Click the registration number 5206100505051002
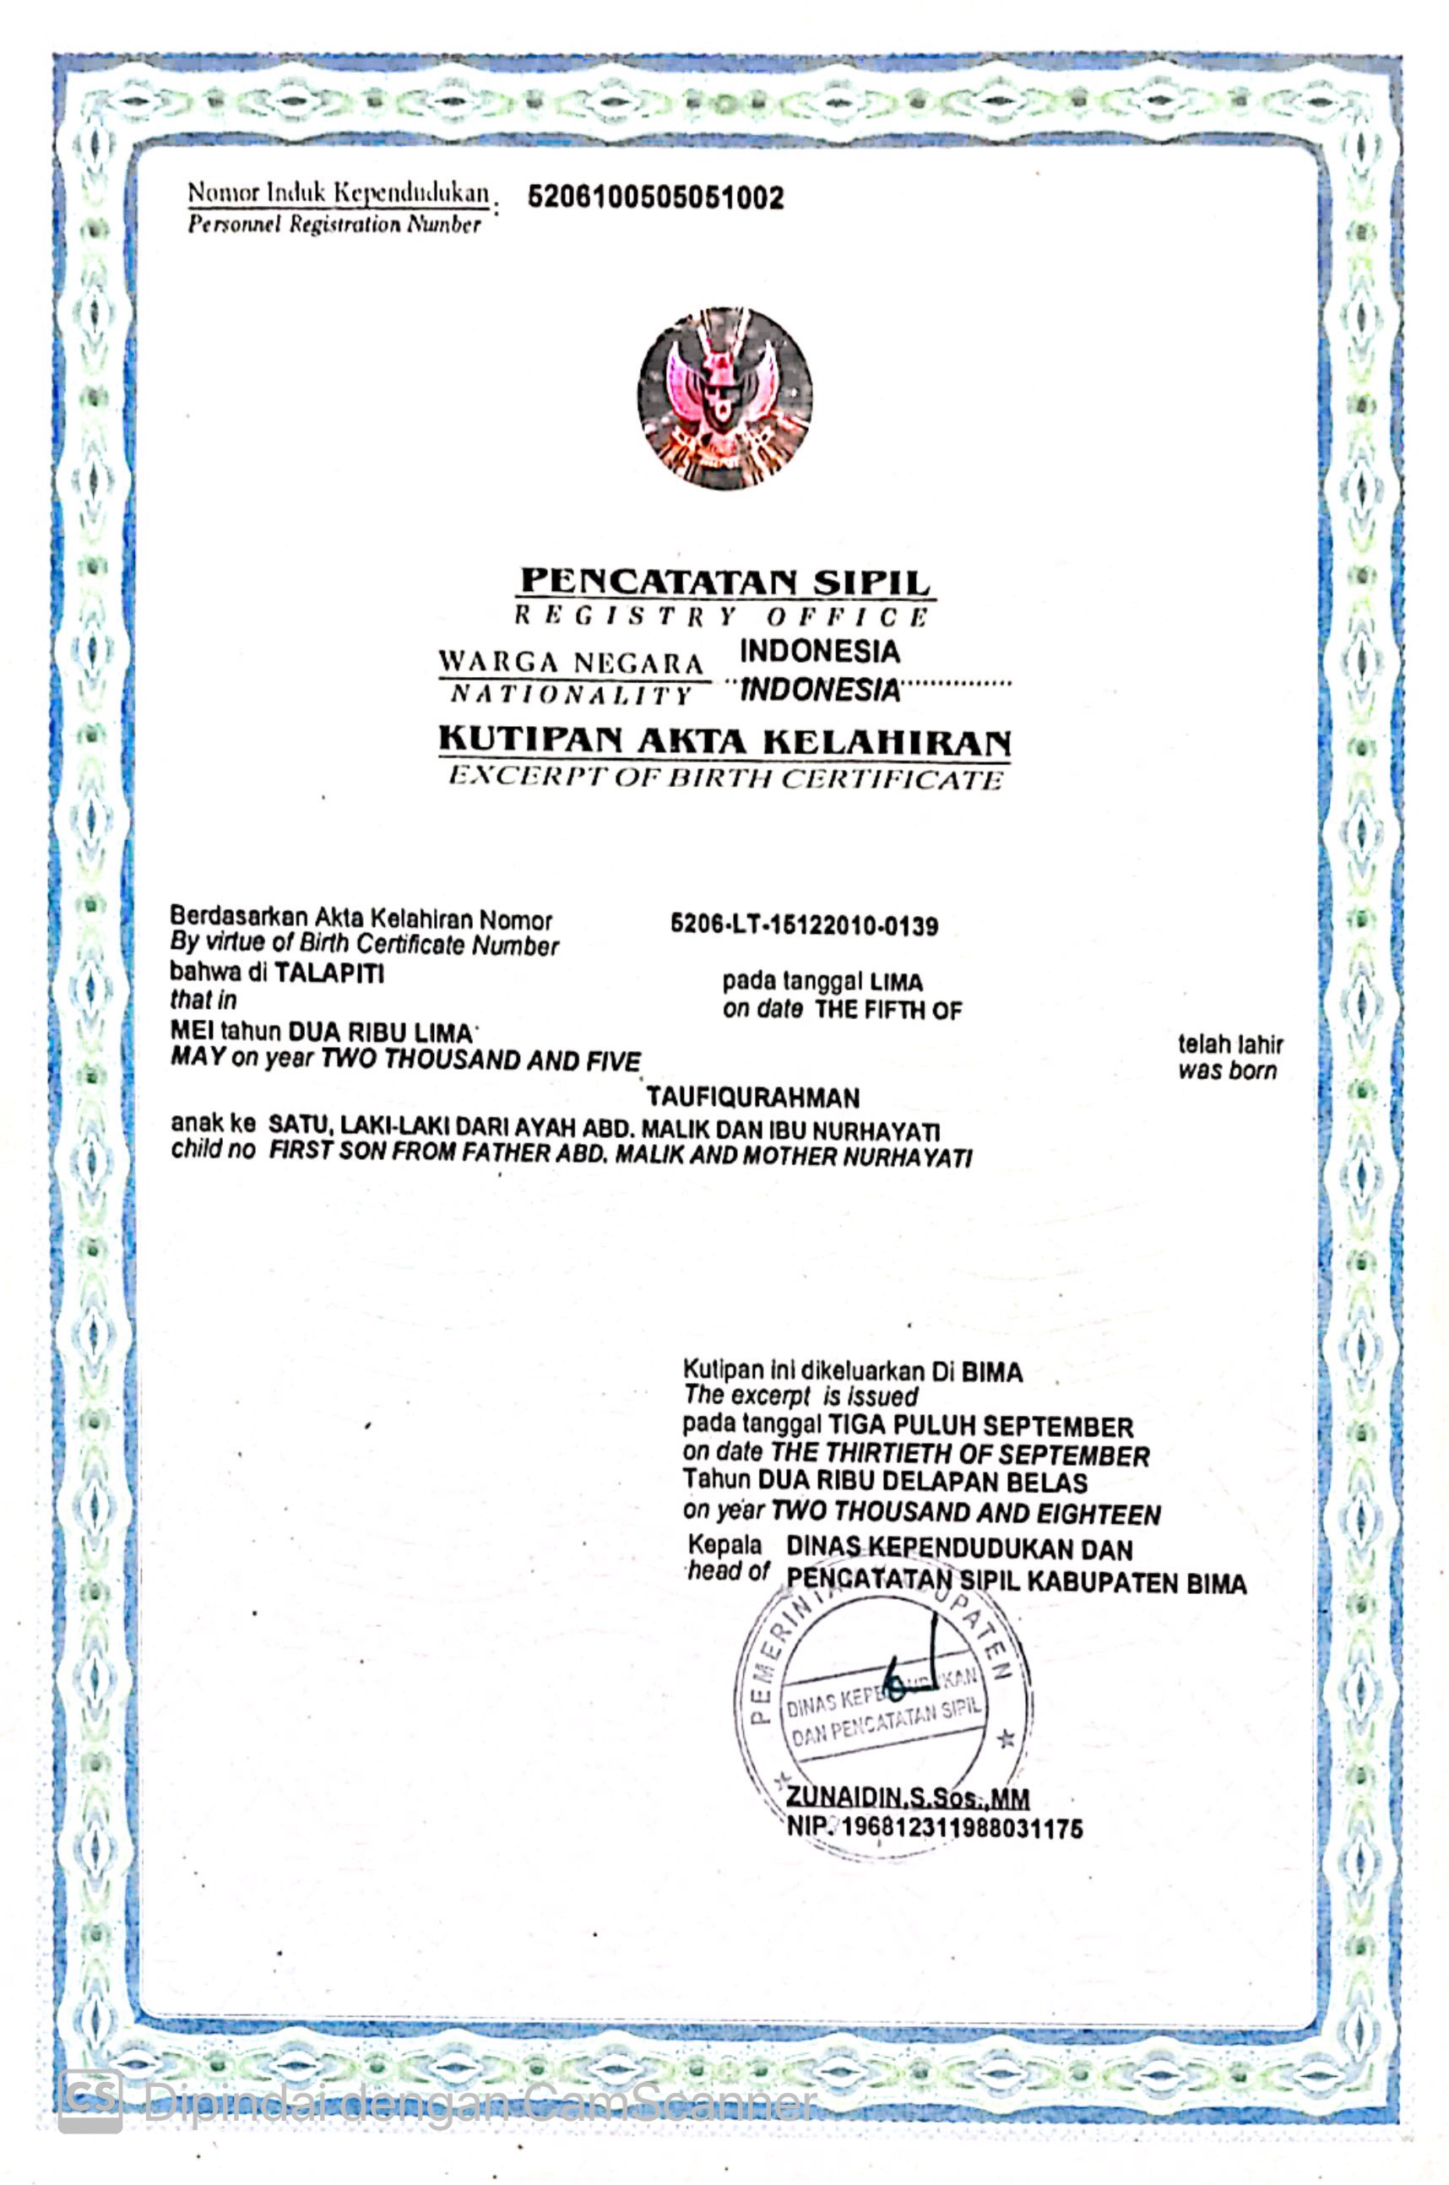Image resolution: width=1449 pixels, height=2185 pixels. pos(655,197)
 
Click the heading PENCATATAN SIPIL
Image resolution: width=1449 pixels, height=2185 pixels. pos(724,581)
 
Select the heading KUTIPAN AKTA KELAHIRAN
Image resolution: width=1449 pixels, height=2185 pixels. pos(724,740)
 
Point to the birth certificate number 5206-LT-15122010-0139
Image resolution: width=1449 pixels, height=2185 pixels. pos(804,924)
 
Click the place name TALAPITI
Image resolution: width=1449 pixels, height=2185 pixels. pos(329,973)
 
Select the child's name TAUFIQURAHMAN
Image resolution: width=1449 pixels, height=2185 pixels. pos(752,1098)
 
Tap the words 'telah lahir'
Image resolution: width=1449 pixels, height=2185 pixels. pos(1230,1044)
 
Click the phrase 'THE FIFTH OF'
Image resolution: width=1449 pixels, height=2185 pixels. pos(887,1010)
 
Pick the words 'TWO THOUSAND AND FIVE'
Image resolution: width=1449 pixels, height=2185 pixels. pos(480,1060)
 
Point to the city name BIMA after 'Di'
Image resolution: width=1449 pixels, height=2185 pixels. pos(991,1372)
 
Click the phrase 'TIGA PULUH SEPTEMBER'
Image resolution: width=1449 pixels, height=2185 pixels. pos(980,1427)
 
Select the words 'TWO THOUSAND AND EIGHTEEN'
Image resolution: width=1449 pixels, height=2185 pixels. pos(965,1515)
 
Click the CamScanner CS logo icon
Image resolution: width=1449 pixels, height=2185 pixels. pos(90,2101)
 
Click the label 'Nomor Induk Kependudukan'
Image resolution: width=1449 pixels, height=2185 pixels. pos(339,193)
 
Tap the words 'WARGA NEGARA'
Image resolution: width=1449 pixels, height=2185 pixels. pos(570,663)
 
